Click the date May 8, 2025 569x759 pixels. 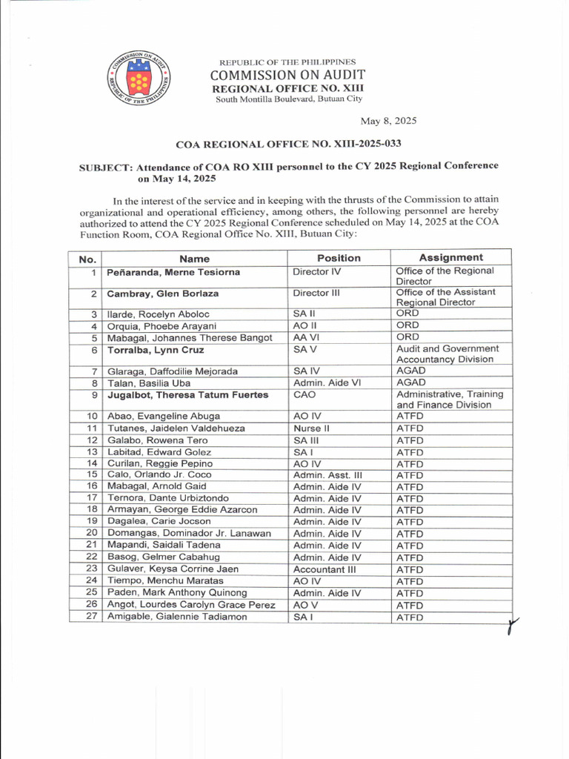[x=389, y=120]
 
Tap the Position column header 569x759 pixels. [x=339, y=258]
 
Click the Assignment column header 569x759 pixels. [x=450, y=257]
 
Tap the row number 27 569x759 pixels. [x=92, y=617]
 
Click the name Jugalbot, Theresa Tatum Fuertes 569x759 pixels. [x=187, y=395]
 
